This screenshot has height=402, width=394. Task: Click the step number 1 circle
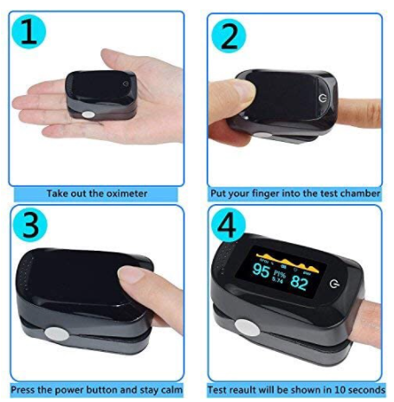click(28, 34)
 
